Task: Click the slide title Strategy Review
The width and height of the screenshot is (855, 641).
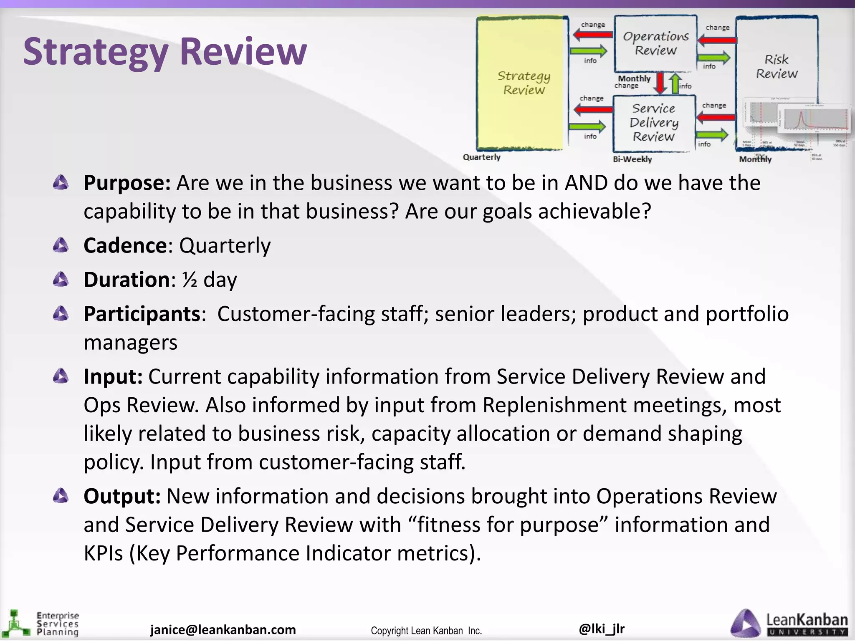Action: coord(165,52)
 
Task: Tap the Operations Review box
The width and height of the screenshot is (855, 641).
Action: coord(655,43)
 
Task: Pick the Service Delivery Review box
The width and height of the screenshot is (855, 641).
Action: coord(654,123)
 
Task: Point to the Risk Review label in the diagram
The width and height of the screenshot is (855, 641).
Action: coord(777,67)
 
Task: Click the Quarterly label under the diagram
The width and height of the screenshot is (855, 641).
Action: coord(481,157)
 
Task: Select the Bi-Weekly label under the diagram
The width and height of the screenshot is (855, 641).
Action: coord(632,159)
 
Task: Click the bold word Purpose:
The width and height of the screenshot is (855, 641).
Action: coord(127,183)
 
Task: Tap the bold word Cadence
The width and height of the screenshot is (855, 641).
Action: coord(125,245)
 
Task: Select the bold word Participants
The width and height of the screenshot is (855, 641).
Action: coord(142,314)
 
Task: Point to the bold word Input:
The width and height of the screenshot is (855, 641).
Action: coord(113,376)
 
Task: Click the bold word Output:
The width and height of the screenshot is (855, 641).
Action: coord(122,496)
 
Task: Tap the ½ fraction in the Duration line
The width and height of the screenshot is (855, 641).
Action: coord(190,280)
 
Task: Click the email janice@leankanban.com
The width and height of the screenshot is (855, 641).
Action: coord(223,629)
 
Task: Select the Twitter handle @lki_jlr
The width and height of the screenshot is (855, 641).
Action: coord(602,628)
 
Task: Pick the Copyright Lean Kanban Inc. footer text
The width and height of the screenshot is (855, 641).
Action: coord(426,631)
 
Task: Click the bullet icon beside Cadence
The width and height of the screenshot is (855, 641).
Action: coord(61,245)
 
